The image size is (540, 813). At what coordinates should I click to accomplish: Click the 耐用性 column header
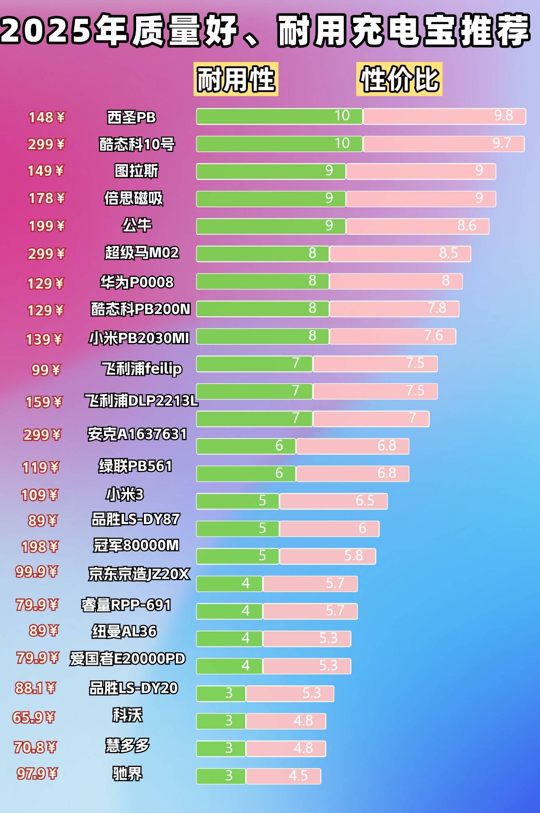[236, 79]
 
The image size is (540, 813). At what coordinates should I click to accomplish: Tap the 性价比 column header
[399, 79]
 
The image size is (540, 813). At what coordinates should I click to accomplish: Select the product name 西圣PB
[131, 117]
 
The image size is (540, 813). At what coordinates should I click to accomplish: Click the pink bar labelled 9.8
[444, 116]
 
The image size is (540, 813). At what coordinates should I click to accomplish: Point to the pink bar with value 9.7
[443, 144]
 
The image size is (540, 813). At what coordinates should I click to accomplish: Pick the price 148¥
[47, 117]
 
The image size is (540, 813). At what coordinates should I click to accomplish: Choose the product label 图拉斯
[136, 171]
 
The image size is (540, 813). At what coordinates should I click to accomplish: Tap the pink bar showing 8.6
[417, 226]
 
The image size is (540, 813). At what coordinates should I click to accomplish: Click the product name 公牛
[136, 225]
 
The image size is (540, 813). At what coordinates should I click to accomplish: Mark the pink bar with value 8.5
[400, 254]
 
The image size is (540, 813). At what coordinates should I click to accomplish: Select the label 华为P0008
[137, 282]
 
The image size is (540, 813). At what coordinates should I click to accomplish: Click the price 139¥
[44, 339]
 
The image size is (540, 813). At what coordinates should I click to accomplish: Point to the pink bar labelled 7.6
[393, 336]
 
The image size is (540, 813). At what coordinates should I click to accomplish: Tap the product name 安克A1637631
[137, 434]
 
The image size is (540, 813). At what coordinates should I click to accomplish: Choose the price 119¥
[41, 467]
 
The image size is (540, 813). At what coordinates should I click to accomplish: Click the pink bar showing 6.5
[334, 501]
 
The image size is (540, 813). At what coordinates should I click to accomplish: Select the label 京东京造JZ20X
[139, 574]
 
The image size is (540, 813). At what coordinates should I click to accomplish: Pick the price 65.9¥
[34, 717]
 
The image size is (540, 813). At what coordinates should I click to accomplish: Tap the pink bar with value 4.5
[283, 776]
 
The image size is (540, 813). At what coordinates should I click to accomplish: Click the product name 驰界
[127, 773]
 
